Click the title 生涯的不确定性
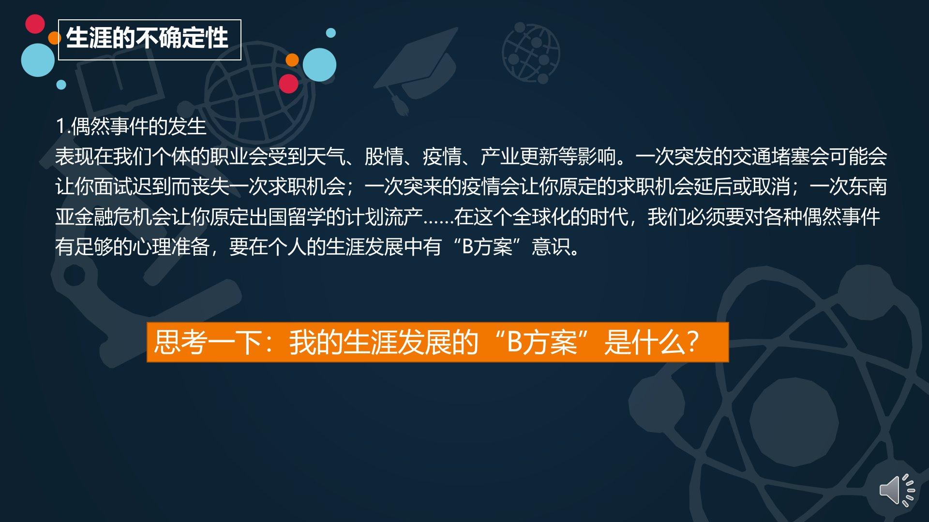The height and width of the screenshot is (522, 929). point(147,38)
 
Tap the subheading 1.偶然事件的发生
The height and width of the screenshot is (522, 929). point(131,127)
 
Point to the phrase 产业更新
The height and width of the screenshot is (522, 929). point(519,157)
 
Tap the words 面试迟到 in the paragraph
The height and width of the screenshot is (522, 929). point(133,187)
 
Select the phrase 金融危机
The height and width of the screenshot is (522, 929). point(113,217)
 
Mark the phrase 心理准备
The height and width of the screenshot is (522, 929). point(171,247)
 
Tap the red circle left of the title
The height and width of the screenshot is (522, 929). point(35,24)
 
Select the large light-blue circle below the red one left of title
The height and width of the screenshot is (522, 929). point(38,60)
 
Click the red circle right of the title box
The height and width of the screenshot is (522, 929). point(288,84)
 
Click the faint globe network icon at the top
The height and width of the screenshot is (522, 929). point(531,53)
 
